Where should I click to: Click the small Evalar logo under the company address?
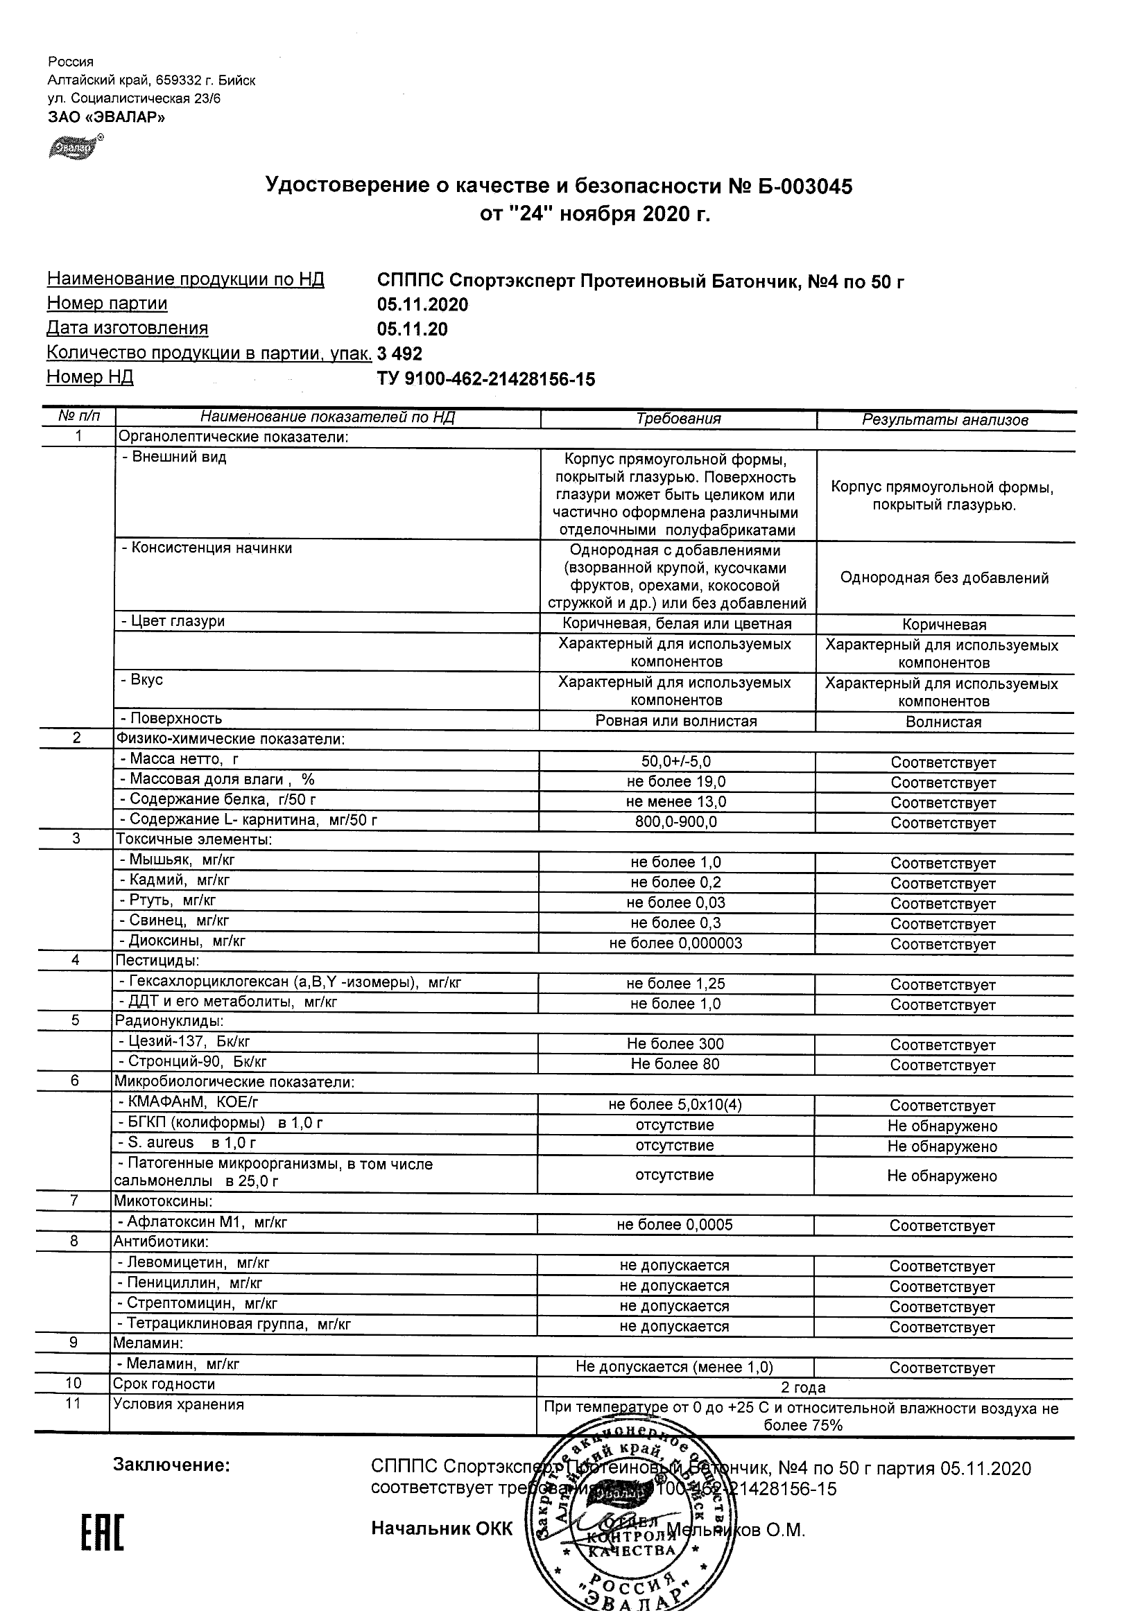pyautogui.click(x=74, y=148)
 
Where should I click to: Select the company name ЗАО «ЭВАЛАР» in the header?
pyautogui.click(x=107, y=117)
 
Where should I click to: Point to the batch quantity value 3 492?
pyautogui.click(x=400, y=354)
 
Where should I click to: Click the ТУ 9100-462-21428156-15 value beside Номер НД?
pyautogui.click(x=486, y=380)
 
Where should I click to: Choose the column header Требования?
pyautogui.click(x=678, y=419)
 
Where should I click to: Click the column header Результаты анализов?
pyautogui.click(x=945, y=420)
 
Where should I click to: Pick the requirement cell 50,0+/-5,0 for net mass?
pyautogui.click(x=676, y=762)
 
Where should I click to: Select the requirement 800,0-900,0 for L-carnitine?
pyautogui.click(x=676, y=822)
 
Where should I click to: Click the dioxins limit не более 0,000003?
pyautogui.click(x=675, y=944)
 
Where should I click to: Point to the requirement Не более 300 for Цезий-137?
pyautogui.click(x=675, y=1044)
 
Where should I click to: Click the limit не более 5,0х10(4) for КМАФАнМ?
pyautogui.click(x=675, y=1105)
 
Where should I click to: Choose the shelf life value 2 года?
pyautogui.click(x=804, y=1388)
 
